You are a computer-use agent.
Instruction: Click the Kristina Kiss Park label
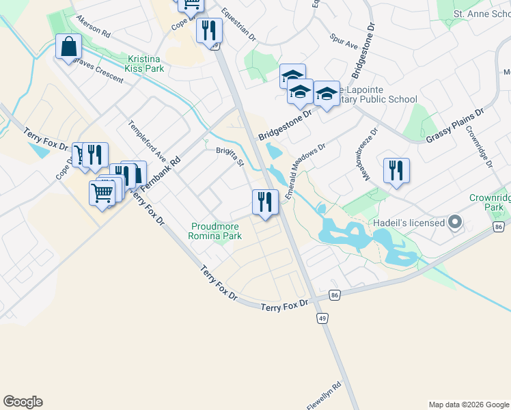(145, 64)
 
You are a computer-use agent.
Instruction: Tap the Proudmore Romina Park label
(216, 231)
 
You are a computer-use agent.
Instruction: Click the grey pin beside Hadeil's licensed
(456, 223)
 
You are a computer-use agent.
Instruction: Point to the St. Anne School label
(482, 14)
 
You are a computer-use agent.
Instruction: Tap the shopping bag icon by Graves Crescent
(69, 47)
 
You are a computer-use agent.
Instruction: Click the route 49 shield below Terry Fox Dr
(320, 318)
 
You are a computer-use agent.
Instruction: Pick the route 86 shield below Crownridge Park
(499, 226)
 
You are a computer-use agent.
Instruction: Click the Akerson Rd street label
(94, 26)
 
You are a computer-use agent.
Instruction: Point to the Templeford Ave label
(147, 141)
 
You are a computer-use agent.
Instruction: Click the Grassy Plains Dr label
(455, 125)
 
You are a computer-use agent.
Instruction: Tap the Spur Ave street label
(344, 41)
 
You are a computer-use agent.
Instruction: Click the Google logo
(23, 402)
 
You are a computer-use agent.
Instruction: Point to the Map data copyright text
(469, 405)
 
